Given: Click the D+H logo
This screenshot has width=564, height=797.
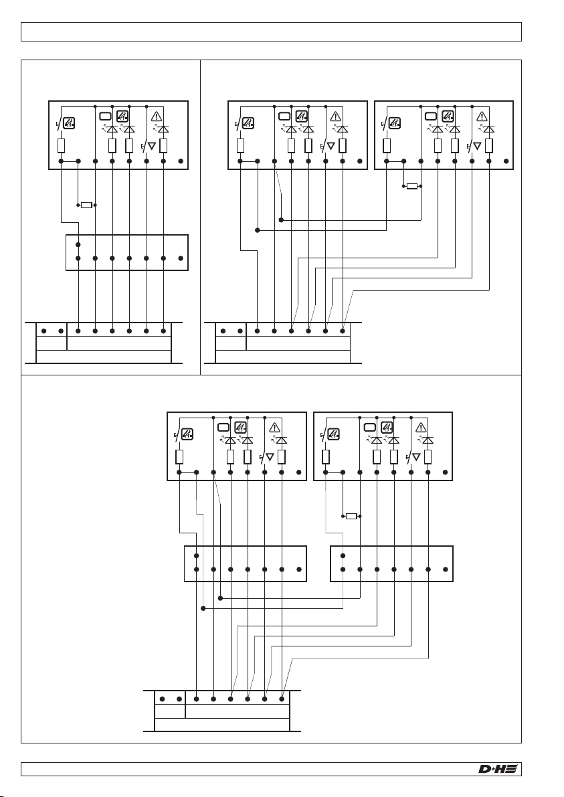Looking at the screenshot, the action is (498, 769).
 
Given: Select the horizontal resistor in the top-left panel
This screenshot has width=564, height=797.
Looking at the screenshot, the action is (86, 205).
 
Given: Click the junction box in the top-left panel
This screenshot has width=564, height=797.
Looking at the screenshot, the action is (127, 253).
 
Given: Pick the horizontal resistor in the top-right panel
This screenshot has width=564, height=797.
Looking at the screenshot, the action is (412, 186).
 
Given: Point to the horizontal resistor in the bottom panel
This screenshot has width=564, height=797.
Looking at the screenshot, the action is (351, 516).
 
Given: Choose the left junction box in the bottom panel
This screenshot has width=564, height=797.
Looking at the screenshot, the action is (246, 563).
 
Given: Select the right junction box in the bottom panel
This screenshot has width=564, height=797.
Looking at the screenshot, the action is (392, 563).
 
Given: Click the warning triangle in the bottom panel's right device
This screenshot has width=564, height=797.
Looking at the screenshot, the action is (421, 427).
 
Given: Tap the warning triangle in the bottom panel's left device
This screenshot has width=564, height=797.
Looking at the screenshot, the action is (274, 427).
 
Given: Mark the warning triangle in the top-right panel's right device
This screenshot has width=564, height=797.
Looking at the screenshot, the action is (482, 116).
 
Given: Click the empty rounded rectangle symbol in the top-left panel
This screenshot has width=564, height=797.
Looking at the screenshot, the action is (104, 116).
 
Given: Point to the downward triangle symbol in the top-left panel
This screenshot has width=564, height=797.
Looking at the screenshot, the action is (151, 147).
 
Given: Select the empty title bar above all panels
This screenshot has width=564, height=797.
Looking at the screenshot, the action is (272, 31).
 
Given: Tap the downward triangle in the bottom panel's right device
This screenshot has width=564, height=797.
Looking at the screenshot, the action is (416, 458).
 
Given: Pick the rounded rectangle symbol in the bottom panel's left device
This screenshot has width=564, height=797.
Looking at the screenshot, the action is (223, 427).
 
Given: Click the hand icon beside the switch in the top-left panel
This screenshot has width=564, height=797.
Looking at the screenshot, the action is (69, 122).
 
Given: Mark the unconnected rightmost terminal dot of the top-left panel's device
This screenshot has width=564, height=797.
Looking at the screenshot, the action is (181, 161).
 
